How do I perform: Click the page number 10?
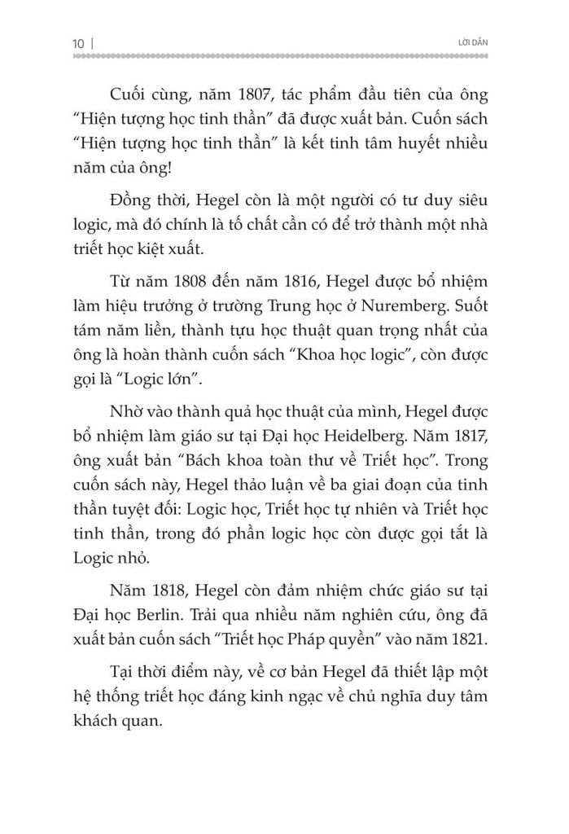pos(79,40)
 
